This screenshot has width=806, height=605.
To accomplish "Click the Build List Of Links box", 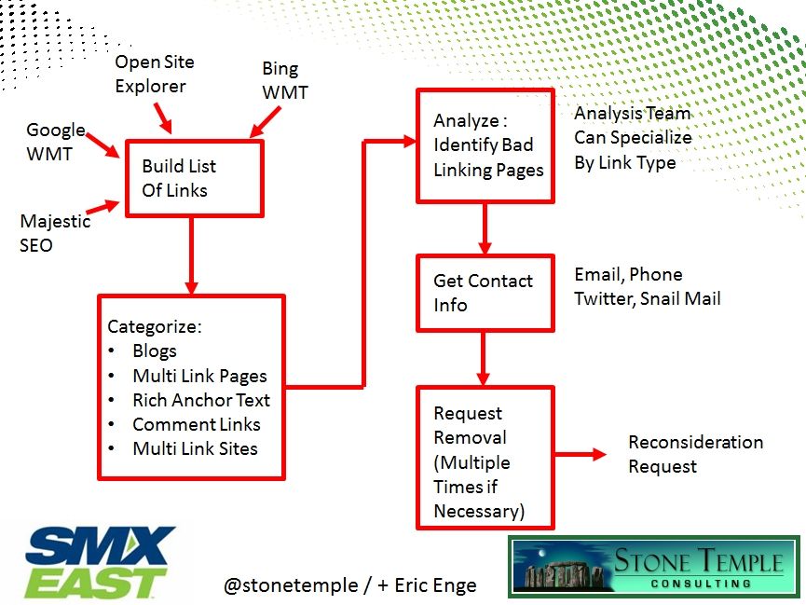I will point(194,178).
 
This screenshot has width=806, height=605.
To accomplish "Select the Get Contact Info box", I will point(484,293).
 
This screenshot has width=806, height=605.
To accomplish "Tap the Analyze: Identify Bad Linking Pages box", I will point(484,145).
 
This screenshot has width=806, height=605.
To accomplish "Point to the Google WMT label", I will point(55,142).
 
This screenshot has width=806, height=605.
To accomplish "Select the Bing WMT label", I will point(283,81).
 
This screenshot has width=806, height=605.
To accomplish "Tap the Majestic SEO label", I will point(55,233).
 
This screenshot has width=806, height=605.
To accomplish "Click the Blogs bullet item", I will point(154,351).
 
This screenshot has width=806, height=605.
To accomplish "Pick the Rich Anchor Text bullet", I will point(200,400).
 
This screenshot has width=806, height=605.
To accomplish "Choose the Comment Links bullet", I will point(196,424).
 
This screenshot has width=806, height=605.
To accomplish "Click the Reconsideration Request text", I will point(694,454).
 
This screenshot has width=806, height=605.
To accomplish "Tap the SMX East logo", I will point(100,562).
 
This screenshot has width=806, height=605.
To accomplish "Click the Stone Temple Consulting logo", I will point(654,567).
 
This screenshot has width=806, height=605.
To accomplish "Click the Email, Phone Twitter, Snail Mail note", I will point(647,286).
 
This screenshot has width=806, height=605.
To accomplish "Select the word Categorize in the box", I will point(155,326).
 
